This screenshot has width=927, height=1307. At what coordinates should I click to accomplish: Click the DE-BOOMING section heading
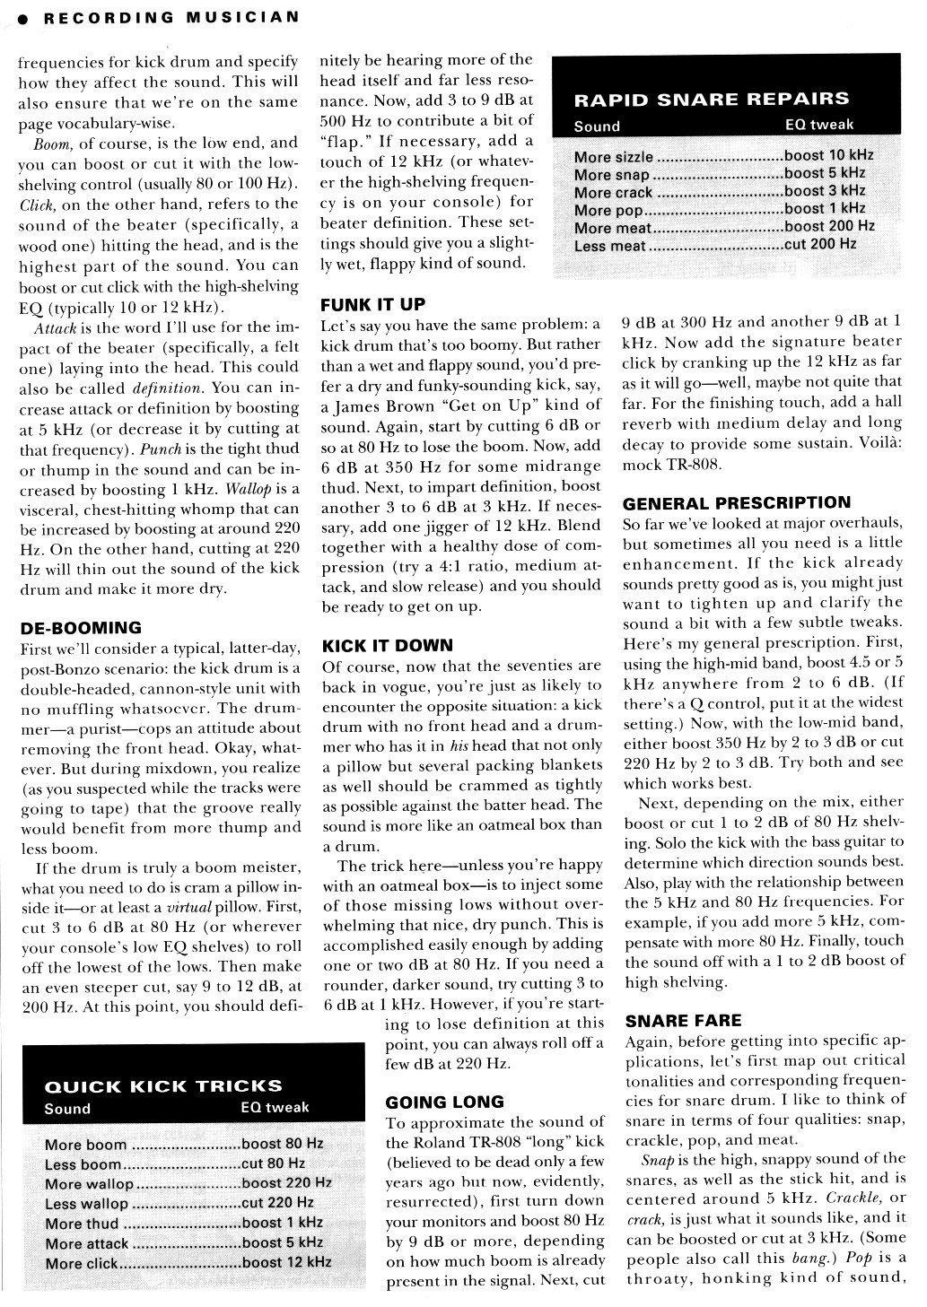[x=81, y=627]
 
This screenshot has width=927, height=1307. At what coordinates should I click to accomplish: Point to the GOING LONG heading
[x=445, y=1102]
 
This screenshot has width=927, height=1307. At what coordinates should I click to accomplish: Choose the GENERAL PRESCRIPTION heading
[x=736, y=502]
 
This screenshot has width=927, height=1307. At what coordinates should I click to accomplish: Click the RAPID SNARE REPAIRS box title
[x=711, y=99]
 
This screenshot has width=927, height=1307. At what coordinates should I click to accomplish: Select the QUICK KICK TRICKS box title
[x=162, y=1085]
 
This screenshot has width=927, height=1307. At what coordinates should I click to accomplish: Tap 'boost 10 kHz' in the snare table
[x=828, y=154]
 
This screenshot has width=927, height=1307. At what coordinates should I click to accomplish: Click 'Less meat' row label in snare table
[x=611, y=245]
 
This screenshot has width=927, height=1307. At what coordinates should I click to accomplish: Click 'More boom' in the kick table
[x=85, y=1145]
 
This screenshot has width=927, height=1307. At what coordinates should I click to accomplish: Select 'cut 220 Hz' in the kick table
[x=277, y=1203]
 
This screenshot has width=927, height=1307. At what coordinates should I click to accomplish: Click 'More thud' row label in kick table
[x=82, y=1224]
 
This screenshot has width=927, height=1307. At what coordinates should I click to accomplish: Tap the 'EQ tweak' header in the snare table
[x=818, y=125]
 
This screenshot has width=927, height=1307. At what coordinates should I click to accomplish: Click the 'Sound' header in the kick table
[x=67, y=1108]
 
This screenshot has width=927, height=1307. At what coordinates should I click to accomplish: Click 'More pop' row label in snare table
[x=608, y=210]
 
